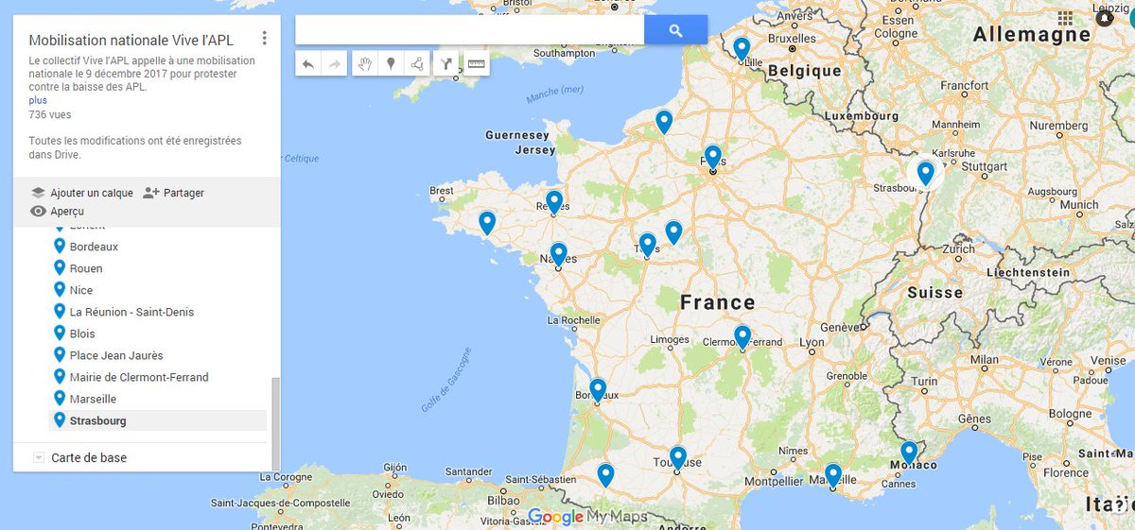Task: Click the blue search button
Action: (675, 30)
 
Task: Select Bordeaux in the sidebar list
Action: (94, 247)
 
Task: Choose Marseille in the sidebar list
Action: (93, 399)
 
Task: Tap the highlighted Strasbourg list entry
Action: (97, 420)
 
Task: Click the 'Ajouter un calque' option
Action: (91, 193)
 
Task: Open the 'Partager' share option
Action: (183, 193)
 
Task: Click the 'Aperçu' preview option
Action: (67, 212)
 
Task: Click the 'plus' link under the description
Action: (38, 100)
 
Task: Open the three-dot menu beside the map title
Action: (265, 39)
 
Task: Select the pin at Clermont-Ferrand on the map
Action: (742, 336)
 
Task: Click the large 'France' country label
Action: (717, 302)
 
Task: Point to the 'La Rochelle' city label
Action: (569, 320)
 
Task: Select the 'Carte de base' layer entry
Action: (89, 457)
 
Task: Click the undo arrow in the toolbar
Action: (308, 64)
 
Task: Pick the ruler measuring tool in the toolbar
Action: (476, 64)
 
